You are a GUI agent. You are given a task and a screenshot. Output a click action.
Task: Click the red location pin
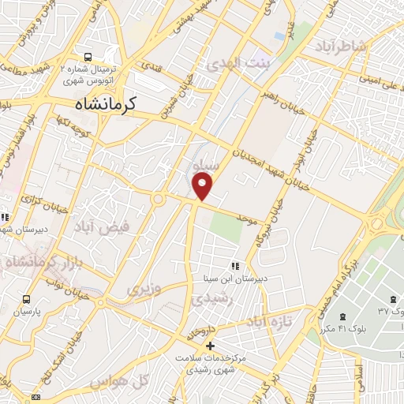coord(203,185)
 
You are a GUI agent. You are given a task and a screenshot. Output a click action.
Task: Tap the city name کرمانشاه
coord(105,103)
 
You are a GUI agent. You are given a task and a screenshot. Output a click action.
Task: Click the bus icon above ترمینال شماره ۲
coord(88,57)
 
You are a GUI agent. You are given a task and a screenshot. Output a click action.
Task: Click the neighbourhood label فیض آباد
coord(95,227)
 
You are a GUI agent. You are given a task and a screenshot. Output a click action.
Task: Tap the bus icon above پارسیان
coord(27,300)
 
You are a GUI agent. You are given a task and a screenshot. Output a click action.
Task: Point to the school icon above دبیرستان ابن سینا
coord(234,265)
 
